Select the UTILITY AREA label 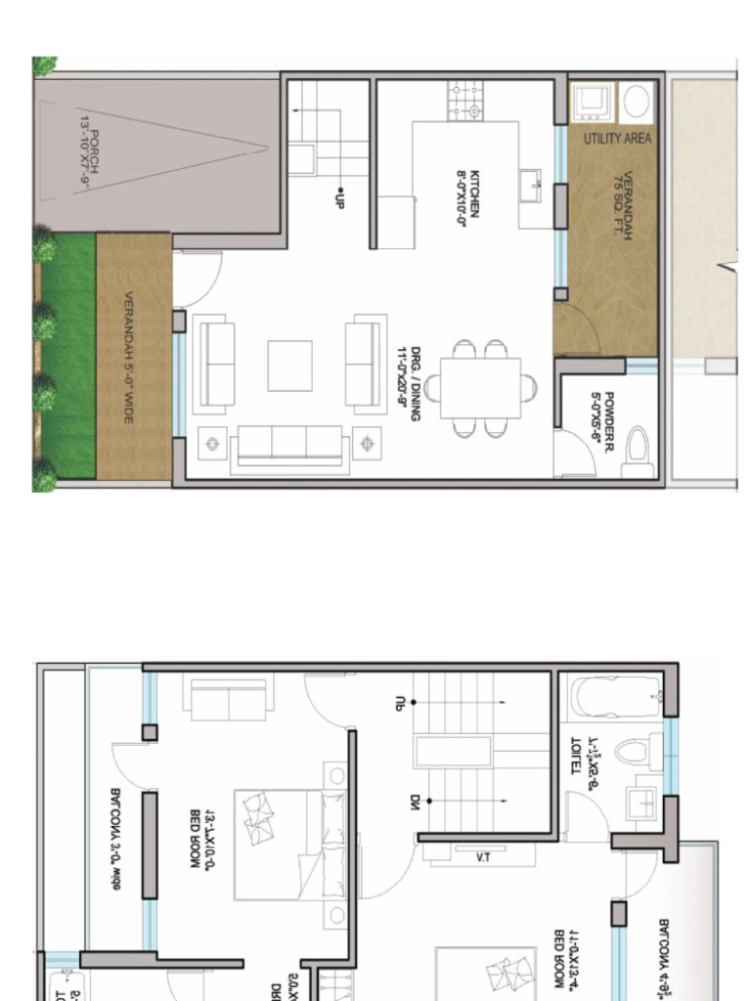coord(617,139)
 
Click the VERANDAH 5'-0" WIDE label coord(129,358)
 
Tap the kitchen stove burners coord(465,101)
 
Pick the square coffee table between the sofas coord(289,366)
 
